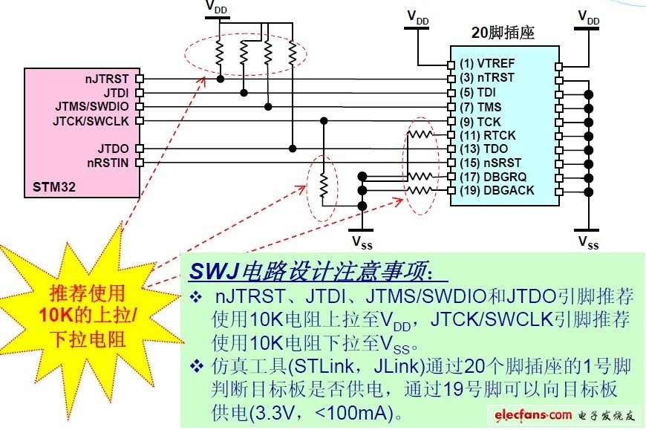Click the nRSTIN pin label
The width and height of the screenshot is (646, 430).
coord(110,162)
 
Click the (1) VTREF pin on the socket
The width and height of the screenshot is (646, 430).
coord(486,64)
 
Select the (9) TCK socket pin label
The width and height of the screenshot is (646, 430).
coord(480,121)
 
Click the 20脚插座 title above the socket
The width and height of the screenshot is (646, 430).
coord(503,33)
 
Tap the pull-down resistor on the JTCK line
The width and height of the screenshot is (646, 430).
coord(323,186)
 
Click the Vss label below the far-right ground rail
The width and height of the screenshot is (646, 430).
coord(588,242)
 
